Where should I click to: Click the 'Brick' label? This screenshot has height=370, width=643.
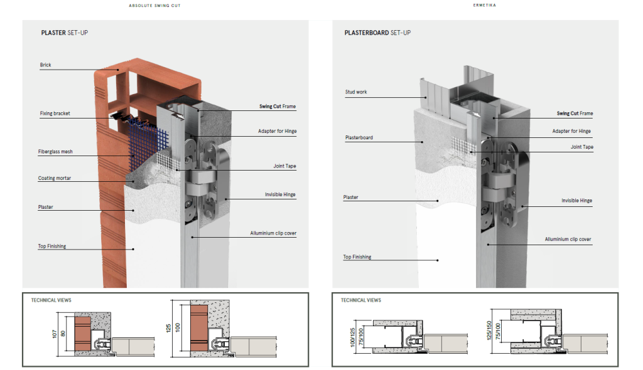click(45, 65)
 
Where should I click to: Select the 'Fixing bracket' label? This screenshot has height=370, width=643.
click(55, 114)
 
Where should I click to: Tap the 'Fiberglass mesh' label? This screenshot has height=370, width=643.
click(55, 152)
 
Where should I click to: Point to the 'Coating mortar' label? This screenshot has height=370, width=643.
click(54, 178)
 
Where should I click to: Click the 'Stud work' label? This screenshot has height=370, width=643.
click(355, 92)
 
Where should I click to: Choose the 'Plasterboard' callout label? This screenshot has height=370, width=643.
click(358, 137)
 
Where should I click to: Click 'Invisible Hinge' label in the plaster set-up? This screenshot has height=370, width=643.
click(280, 195)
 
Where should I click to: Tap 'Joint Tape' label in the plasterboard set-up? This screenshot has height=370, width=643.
click(581, 147)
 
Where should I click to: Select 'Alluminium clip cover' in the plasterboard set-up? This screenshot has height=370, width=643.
click(568, 240)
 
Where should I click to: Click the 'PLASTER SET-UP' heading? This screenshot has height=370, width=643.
click(64, 33)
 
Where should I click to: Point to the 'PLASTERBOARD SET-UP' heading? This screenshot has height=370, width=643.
click(377, 33)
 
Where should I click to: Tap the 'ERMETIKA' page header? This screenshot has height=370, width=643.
click(483, 5)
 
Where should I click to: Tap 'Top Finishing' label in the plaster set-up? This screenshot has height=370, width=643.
click(51, 246)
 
